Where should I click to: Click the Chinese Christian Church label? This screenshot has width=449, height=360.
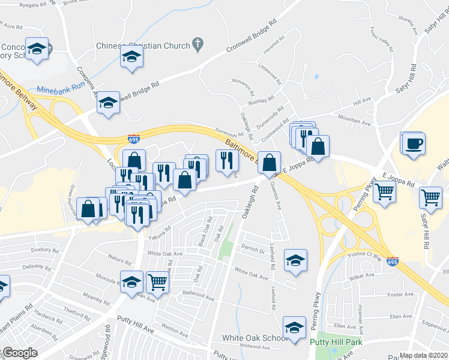click(142, 46)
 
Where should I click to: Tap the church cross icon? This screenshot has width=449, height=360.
click(196, 44)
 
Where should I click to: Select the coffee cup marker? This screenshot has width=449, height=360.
click(414, 144)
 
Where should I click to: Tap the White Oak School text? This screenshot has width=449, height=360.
click(255, 338)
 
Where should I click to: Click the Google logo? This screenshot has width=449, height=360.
click(19, 352)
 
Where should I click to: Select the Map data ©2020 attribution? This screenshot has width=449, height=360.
click(423, 355)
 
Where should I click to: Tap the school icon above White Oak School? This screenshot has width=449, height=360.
click(294, 327)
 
